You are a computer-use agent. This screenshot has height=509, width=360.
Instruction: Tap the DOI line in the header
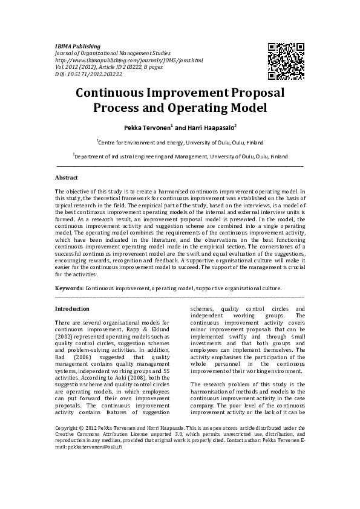click(x=88, y=76)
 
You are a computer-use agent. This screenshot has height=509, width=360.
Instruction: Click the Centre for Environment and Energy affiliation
click(x=180, y=142)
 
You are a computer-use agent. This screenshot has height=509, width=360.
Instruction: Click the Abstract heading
click(x=67, y=178)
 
